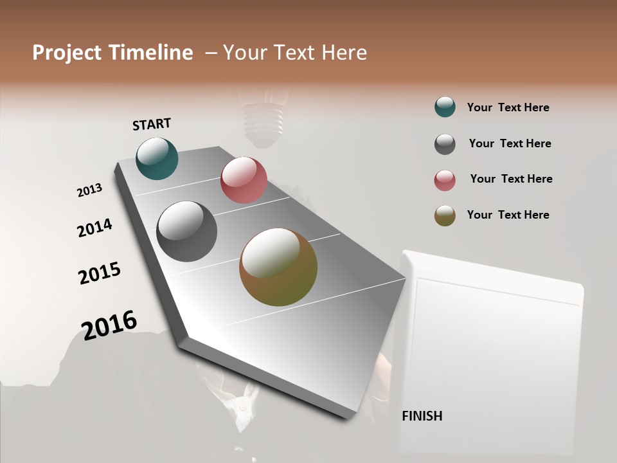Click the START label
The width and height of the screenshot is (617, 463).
coord(152,124)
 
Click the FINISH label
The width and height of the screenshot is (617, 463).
coord(422,416)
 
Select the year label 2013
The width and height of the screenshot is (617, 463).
coord(89,190)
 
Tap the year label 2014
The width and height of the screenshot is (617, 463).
coord(94,228)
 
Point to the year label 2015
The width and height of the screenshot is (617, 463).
coord(100,273)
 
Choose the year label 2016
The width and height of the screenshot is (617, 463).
coord(109,325)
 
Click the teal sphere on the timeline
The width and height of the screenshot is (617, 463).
coord(157,158)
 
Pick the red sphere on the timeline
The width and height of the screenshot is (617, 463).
coord(244,180)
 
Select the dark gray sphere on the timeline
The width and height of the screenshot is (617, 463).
coord(187,232)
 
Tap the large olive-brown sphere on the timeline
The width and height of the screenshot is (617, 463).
coord(278,267)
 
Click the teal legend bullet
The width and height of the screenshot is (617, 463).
coord(445,107)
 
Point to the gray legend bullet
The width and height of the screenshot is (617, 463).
coord(445,144)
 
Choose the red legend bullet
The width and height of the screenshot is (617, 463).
coord(445,180)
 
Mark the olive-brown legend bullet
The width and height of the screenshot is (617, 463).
coord(445,215)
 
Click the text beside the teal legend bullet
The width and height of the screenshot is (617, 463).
coord(508,107)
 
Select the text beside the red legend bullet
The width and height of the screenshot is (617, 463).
coord(511,179)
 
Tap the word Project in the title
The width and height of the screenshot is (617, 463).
coord(67,53)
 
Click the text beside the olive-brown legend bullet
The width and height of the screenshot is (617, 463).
coord(508,215)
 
